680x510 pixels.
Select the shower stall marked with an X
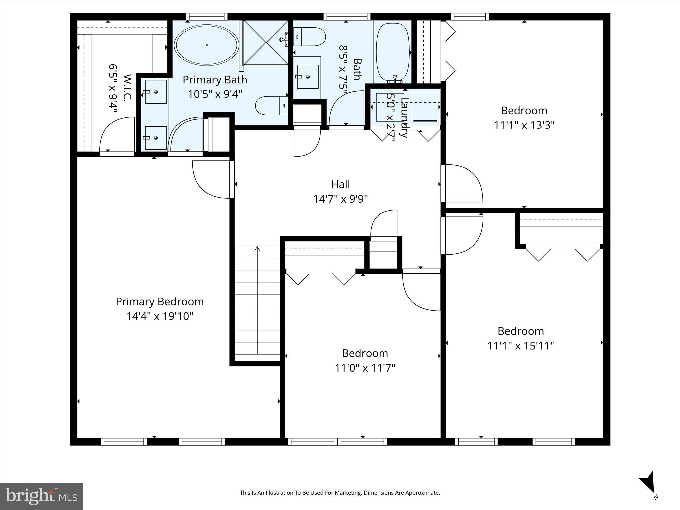(x=266, y=42)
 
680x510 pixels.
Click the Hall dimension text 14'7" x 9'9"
(x=340, y=199)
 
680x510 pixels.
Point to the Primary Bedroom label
(x=159, y=302)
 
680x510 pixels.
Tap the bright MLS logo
(x=42, y=496)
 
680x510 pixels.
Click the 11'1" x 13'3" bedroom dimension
(x=524, y=125)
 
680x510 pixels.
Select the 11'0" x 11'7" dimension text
(x=365, y=368)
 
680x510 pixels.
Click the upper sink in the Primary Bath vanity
(x=155, y=92)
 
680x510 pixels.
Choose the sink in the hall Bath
(x=307, y=77)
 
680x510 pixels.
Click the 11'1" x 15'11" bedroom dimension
(x=520, y=346)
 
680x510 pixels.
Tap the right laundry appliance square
(x=425, y=107)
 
